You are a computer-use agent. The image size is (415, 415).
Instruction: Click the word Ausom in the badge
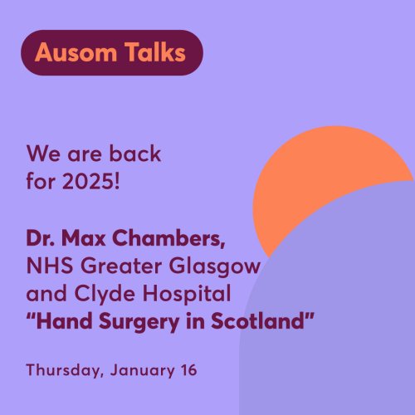76,52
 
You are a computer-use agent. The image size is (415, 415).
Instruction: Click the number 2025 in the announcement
91,182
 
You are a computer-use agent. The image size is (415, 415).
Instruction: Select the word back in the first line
135,153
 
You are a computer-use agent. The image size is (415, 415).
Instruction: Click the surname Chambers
168,238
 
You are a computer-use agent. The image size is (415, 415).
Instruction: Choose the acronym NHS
50,266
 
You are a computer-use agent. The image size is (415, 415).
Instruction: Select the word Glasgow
214,266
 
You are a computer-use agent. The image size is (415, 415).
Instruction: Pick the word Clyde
105,295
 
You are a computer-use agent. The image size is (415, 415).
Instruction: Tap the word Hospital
187,295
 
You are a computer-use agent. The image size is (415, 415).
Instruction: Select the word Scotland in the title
257,321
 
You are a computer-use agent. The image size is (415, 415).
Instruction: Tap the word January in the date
142,371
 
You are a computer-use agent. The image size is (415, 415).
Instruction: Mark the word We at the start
43,154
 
